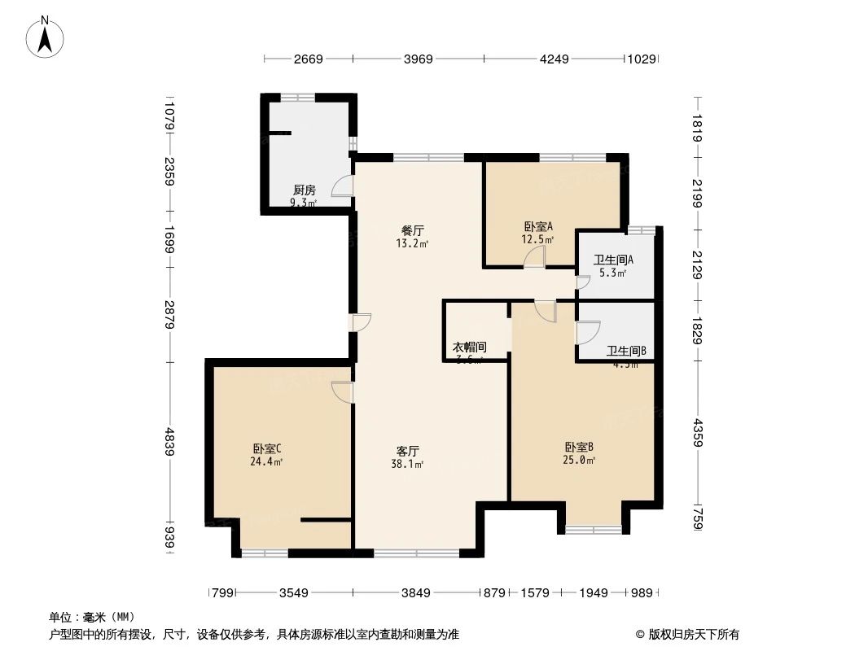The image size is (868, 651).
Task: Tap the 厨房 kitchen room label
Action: pyautogui.click(x=305, y=190)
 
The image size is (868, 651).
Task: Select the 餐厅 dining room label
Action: pyautogui.click(x=413, y=230)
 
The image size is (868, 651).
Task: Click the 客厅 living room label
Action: pyautogui.click(x=407, y=451)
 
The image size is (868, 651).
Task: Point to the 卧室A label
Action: pyautogui.click(x=538, y=227)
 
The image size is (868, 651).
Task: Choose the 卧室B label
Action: pyautogui.click(x=579, y=447)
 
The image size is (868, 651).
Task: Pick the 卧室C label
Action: pyautogui.click(x=267, y=448)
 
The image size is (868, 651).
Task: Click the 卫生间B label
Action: pyautogui.click(x=626, y=352)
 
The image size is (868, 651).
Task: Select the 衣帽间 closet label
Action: pyautogui.click(x=470, y=347)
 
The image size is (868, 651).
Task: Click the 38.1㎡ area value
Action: pyautogui.click(x=407, y=465)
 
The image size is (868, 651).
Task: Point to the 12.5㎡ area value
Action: pyautogui.click(x=538, y=240)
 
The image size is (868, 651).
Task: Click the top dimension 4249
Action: pyautogui.click(x=554, y=59)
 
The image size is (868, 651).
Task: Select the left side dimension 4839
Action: pyautogui.click(x=169, y=441)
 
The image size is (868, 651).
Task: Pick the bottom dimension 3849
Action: pyautogui.click(x=415, y=593)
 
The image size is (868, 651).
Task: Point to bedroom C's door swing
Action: pyautogui.click(x=343, y=391)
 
